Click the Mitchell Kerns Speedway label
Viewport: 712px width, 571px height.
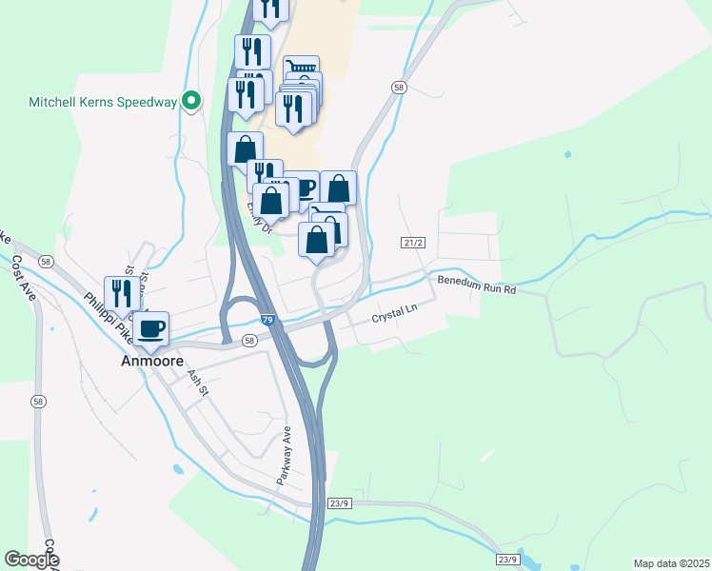[103, 101]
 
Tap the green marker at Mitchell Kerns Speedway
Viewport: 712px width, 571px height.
[191, 99]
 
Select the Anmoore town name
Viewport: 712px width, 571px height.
[151, 362]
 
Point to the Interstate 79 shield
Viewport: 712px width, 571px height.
[269, 321]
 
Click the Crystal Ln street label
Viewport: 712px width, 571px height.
[394, 311]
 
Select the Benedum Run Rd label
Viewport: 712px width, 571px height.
[476, 284]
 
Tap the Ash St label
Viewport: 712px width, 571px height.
[198, 384]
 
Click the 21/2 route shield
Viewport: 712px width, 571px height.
[412, 244]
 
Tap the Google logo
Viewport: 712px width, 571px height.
[31, 560]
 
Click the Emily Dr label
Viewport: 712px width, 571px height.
[258, 217]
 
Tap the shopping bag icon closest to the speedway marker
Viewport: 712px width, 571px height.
[245, 149]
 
